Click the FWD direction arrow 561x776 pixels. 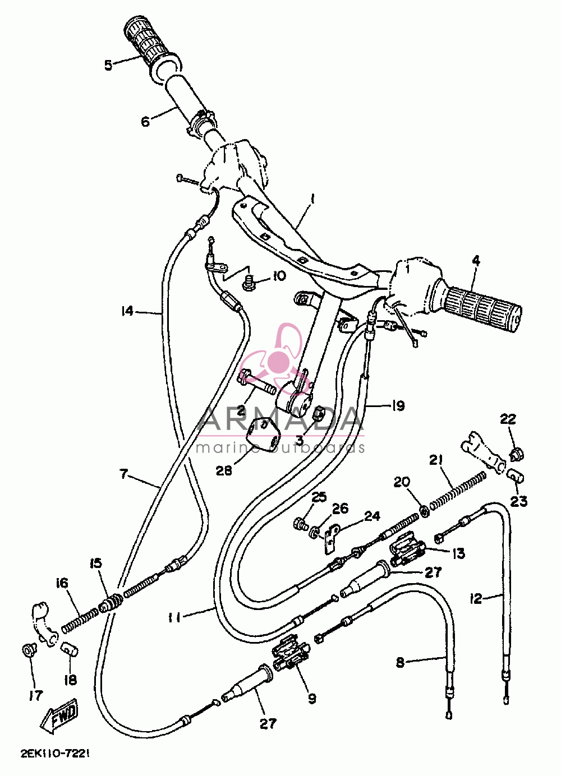(59, 715)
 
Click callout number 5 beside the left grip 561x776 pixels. (109, 65)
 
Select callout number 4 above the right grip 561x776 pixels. (476, 261)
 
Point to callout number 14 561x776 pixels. (127, 311)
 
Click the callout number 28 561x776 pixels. (224, 470)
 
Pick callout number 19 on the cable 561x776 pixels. (398, 406)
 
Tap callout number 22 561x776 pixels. (508, 419)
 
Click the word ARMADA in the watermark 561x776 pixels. (280, 421)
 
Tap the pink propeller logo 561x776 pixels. (277, 359)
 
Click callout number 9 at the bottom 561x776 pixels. (312, 697)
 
